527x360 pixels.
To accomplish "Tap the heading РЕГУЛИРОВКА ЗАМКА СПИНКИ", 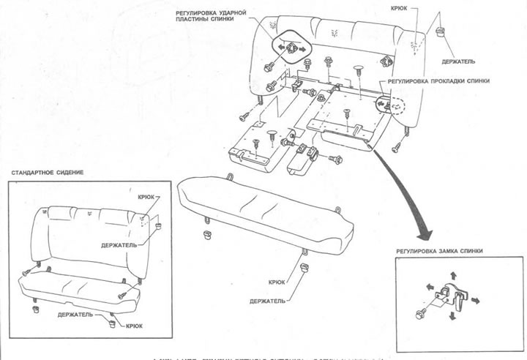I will pyautogui.click(x=439, y=251).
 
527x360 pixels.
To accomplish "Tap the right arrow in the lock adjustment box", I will pyautogui.click(x=476, y=299).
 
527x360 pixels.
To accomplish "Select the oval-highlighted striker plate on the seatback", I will pyautogui.click(x=288, y=48).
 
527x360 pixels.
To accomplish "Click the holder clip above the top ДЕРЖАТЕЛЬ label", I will pyautogui.click(x=441, y=31).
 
